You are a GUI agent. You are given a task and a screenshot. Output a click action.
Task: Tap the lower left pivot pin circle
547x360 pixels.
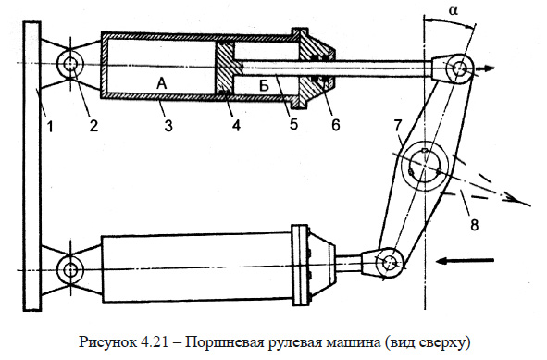(x=70, y=270)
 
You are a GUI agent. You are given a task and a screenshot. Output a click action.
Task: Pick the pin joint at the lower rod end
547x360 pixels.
(x=389, y=262)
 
